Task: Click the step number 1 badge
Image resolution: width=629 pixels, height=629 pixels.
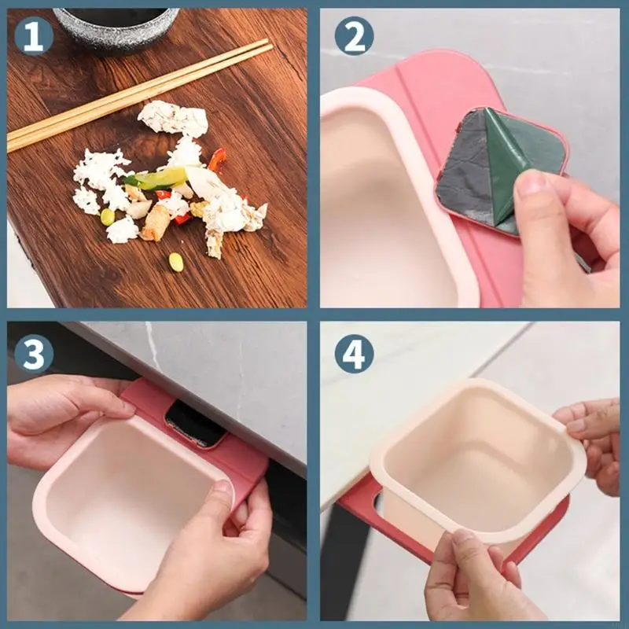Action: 34,36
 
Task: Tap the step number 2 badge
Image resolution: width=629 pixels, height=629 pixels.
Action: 354,36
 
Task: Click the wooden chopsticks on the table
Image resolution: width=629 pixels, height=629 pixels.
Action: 138,95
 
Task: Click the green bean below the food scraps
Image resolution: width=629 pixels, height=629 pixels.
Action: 176,262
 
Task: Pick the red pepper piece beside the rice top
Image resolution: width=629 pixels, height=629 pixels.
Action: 218,159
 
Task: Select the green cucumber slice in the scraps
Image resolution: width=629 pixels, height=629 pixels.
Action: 157,178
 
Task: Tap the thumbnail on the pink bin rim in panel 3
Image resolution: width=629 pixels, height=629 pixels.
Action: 222,491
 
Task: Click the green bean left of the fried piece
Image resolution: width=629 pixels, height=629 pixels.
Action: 107,217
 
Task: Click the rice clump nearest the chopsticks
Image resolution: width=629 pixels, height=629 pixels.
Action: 172,118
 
